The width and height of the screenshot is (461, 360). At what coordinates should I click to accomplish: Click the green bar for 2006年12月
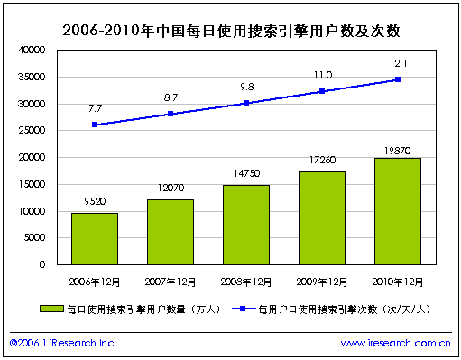point(95,239)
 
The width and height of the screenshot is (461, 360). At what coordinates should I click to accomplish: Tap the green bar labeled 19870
point(398,211)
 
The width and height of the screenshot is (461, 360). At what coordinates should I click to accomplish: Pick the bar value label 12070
point(171,191)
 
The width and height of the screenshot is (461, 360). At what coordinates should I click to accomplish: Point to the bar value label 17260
point(322,163)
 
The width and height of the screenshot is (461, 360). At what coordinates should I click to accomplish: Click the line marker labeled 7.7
point(95,125)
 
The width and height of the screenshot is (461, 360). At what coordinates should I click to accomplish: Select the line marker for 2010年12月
point(398,79)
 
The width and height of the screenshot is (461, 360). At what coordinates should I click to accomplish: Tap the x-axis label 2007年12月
point(171,277)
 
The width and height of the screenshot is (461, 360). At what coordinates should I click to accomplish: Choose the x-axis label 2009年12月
point(322,277)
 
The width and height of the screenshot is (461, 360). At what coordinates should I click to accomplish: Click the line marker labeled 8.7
point(171,114)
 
